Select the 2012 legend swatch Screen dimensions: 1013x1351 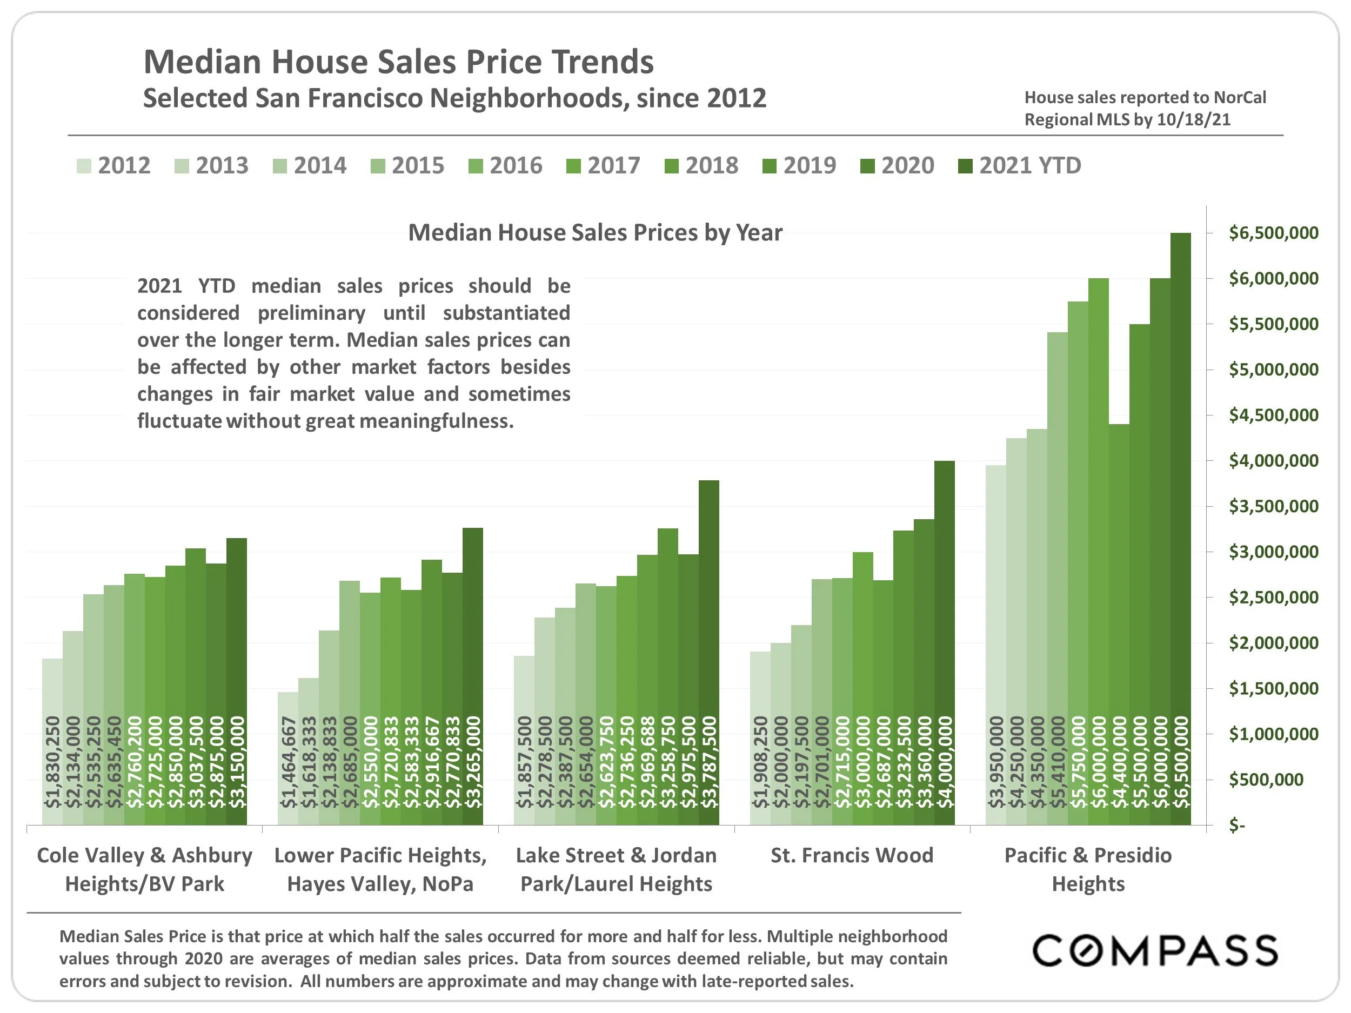[84, 166]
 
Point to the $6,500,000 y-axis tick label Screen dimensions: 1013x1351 [1273, 233]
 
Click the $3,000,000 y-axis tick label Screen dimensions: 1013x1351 [1273, 552]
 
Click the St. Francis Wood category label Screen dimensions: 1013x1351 [852, 855]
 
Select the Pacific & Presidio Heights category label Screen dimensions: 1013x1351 [1088, 869]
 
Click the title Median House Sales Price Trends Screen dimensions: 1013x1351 [398, 62]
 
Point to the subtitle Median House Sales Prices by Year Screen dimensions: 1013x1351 [595, 233]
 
